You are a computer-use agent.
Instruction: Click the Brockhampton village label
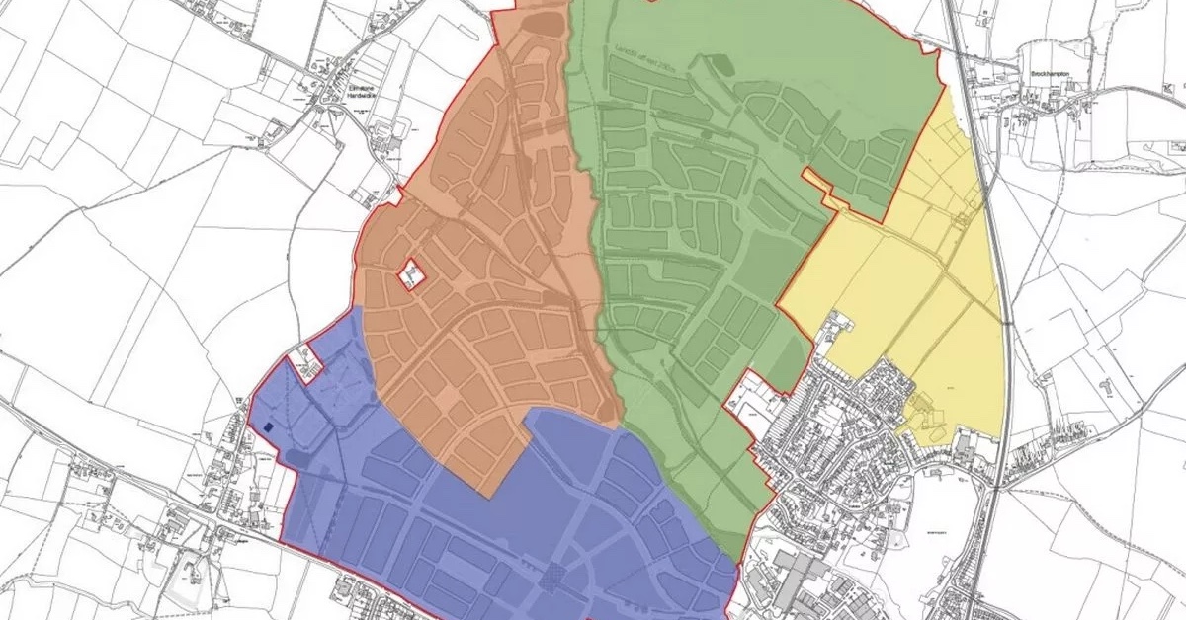(1052, 74)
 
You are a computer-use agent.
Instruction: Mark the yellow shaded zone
(909, 296)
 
